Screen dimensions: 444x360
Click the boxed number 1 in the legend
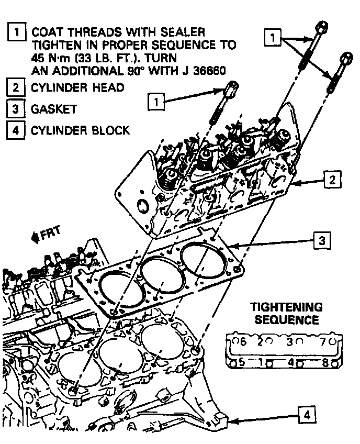17,32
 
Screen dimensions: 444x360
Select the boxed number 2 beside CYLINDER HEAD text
16,87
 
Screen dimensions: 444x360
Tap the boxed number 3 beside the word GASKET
16,109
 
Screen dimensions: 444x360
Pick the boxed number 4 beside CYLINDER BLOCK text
16,130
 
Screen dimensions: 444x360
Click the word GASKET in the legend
54,109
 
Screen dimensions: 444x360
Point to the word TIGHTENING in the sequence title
286,307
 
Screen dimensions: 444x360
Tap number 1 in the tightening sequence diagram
261,361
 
